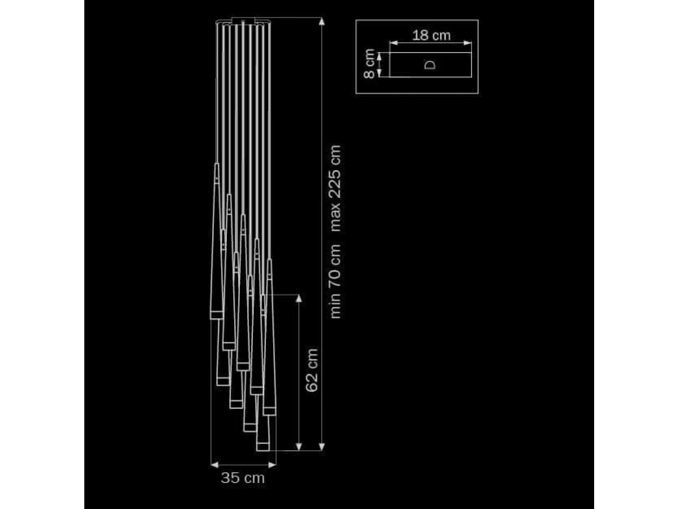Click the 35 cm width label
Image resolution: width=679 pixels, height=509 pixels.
[x=243, y=478]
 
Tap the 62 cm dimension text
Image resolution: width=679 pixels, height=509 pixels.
[x=312, y=370]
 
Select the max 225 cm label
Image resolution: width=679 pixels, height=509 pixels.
[x=336, y=188]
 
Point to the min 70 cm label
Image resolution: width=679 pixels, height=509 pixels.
[x=336, y=281]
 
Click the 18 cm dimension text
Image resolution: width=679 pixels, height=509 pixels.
[x=431, y=35]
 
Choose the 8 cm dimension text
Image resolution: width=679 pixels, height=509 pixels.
[x=369, y=64]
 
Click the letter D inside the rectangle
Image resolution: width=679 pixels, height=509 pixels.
[x=430, y=65]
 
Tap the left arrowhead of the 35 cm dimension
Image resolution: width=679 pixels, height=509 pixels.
[x=214, y=465]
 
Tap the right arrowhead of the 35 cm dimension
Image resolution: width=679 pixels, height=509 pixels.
[x=272, y=465]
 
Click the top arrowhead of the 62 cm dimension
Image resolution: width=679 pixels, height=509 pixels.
[x=299, y=298]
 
